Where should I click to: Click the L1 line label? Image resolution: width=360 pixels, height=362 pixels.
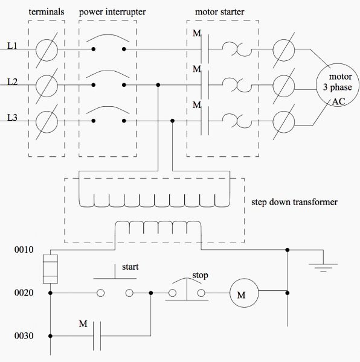click(x=12, y=46)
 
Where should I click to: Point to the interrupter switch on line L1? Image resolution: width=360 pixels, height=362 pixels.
click(x=109, y=45)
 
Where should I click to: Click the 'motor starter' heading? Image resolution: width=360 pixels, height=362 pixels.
click(x=219, y=11)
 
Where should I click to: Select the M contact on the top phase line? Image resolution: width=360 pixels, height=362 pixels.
click(x=205, y=48)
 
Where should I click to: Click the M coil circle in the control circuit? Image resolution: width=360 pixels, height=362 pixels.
click(x=241, y=294)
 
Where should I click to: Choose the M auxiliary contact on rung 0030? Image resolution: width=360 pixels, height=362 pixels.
click(x=95, y=335)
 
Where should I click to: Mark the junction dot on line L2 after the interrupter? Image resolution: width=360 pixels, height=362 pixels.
click(x=158, y=84)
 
